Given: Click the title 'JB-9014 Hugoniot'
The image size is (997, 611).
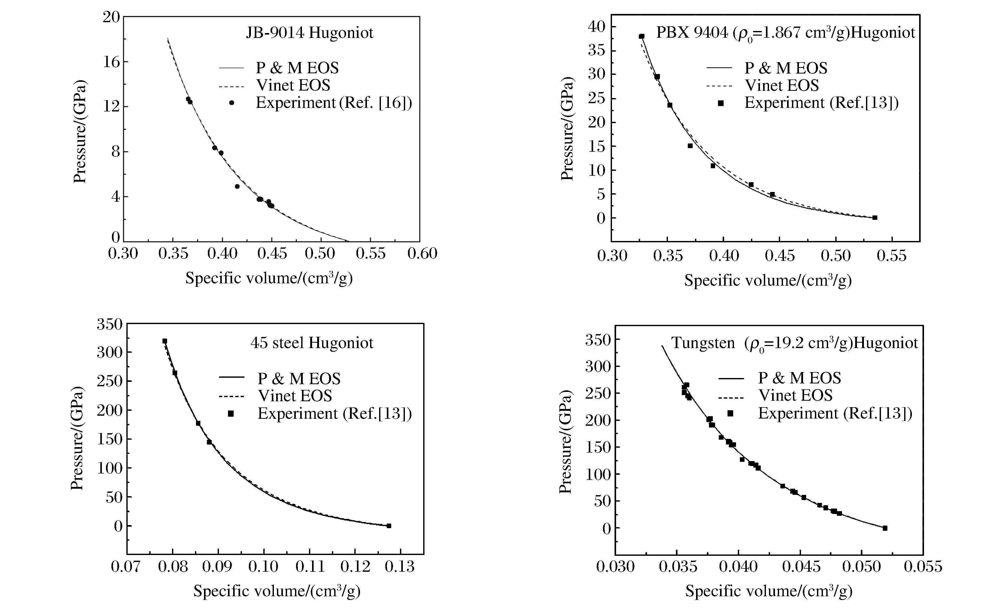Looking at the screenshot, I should pyautogui.click(x=309, y=33).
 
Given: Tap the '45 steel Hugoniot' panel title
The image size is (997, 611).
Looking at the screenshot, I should pyautogui.click(x=312, y=343).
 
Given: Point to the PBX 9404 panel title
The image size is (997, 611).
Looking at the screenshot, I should pyautogui.click(x=785, y=33).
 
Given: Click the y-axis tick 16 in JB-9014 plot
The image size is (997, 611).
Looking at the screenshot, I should pyautogui.click(x=110, y=62).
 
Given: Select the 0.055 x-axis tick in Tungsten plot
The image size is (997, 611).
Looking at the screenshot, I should pyautogui.click(x=923, y=566).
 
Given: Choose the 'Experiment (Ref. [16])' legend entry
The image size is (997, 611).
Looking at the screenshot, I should pyautogui.click(x=333, y=103).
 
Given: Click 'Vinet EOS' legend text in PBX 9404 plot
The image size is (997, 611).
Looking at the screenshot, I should pyautogui.click(x=782, y=85).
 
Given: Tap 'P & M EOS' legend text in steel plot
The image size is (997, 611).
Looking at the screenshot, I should pyautogui.click(x=299, y=379).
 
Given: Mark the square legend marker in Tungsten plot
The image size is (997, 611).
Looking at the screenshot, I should pyautogui.click(x=730, y=413).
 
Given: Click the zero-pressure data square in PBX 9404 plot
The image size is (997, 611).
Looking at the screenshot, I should pyautogui.click(x=875, y=218).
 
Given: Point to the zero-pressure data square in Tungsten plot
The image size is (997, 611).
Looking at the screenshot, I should pyautogui.click(x=885, y=528).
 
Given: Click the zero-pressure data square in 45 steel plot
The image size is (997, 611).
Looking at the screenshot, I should pyautogui.click(x=389, y=526).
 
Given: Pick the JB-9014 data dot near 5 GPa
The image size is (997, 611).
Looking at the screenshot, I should pyautogui.click(x=237, y=186).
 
